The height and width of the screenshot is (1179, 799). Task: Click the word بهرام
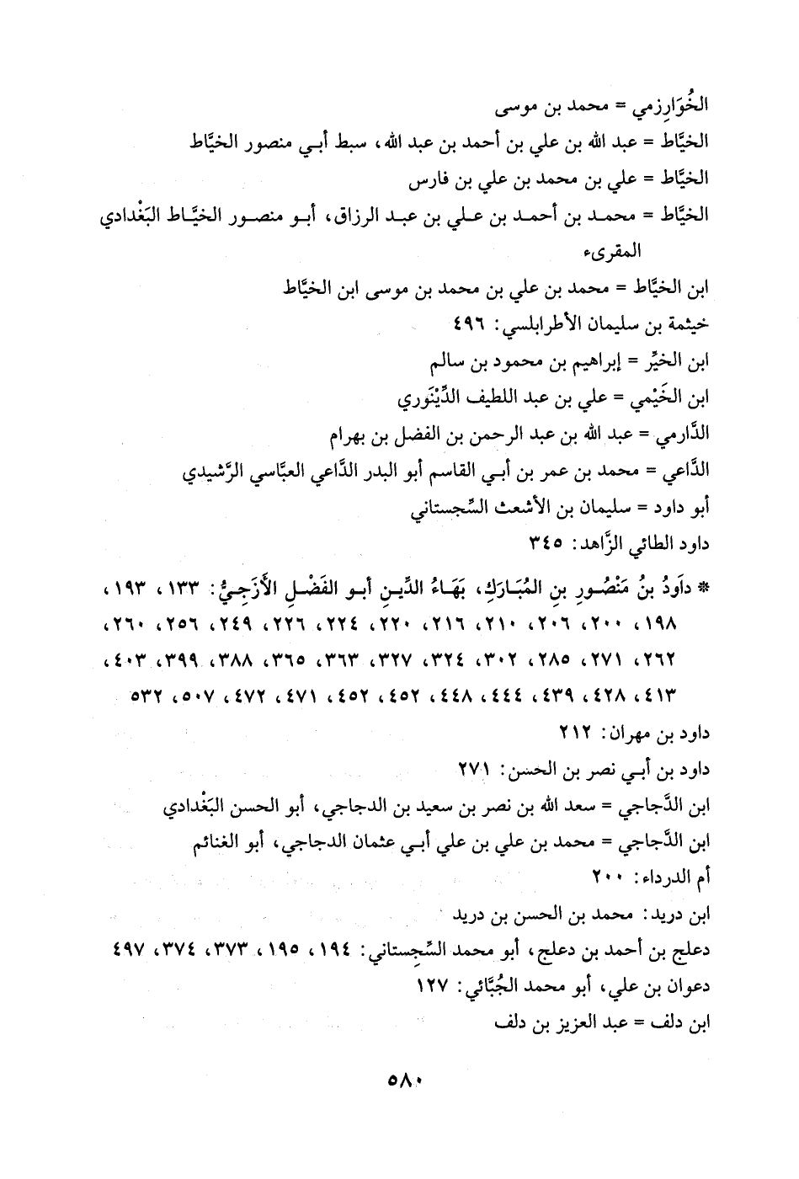pyautogui.click(x=349, y=437)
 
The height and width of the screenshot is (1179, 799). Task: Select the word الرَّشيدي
pyautogui.click(x=215, y=472)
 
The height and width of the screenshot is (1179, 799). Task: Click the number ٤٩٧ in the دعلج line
pyautogui.click(x=129, y=951)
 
